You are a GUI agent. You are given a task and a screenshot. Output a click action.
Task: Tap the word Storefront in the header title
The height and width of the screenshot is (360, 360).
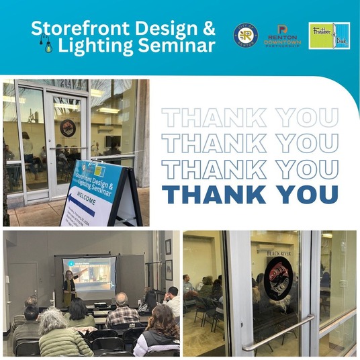(75, 29)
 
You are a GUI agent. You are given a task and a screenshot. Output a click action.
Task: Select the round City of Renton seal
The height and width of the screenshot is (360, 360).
(245, 36)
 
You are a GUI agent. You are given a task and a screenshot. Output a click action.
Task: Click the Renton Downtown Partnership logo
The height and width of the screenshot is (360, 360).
(283, 36)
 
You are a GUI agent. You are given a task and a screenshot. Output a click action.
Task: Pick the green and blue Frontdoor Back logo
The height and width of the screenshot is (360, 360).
(329, 36)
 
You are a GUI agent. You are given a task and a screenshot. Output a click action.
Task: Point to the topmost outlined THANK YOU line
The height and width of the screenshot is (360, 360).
(250, 118)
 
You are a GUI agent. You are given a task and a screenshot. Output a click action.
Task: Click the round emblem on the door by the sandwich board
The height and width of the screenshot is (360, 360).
(67, 127)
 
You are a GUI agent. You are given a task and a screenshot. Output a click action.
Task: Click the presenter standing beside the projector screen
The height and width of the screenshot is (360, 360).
(69, 287)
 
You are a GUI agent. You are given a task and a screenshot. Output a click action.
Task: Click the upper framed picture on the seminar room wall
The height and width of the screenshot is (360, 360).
(168, 246)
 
